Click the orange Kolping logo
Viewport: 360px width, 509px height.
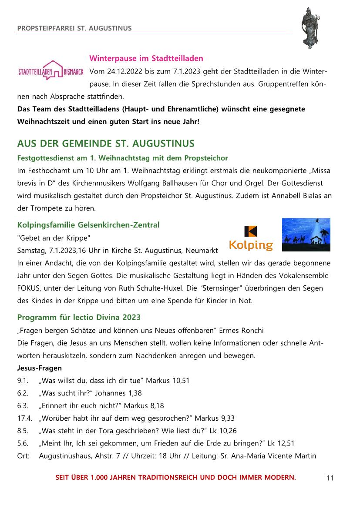click(x=251, y=239)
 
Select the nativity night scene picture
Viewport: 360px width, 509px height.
click(x=306, y=234)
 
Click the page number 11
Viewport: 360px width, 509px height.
click(x=330, y=478)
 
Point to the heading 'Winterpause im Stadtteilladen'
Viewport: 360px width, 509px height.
click(x=146, y=58)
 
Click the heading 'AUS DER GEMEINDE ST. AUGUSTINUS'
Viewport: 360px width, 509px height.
click(x=106, y=144)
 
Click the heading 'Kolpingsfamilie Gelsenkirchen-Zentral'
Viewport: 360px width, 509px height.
click(x=88, y=225)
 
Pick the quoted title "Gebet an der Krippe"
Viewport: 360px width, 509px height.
click(x=54, y=238)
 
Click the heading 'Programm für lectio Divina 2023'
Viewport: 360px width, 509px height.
click(x=79, y=317)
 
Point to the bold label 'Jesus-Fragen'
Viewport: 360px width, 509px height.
click(x=39, y=368)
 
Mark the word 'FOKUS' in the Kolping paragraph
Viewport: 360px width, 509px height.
click(x=28, y=288)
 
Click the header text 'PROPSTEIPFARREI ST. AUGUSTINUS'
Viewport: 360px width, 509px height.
click(x=74, y=29)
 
